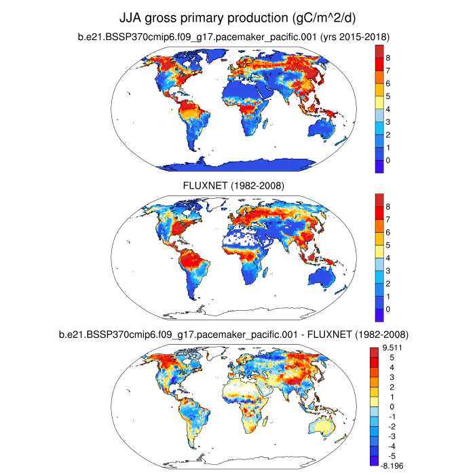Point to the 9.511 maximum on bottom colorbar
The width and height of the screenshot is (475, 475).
pos(387,347)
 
